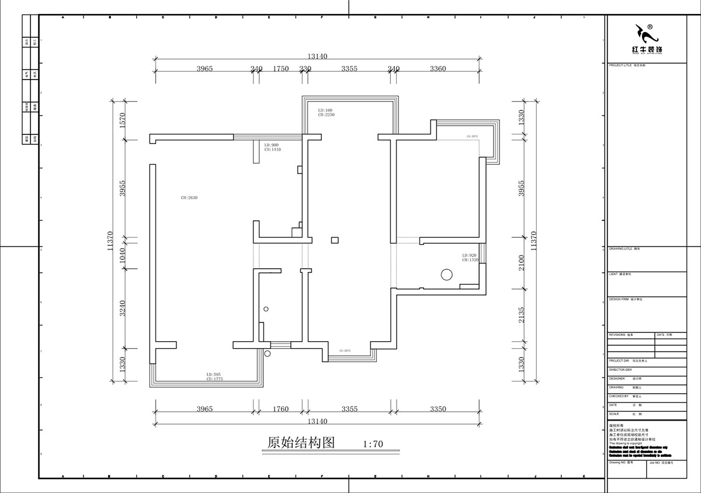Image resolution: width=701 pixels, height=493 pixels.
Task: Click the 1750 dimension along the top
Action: click(x=281, y=68)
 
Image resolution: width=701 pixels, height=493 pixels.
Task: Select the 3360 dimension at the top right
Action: click(x=438, y=68)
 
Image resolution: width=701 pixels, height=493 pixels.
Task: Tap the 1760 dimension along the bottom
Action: click(x=281, y=409)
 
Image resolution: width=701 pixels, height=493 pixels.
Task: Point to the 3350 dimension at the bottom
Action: click(x=438, y=409)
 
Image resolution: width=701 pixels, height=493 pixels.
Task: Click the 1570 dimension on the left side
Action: click(x=123, y=120)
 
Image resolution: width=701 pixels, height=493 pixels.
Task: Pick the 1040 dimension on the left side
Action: click(x=123, y=253)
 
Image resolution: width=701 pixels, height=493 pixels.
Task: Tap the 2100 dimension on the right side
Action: click(x=522, y=262)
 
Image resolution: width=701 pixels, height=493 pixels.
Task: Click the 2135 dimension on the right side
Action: click(x=522, y=315)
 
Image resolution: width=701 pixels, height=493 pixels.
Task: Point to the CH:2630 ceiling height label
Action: click(x=190, y=198)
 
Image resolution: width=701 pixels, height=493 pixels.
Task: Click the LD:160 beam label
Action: click(x=325, y=110)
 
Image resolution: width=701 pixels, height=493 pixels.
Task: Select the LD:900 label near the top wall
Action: click(x=272, y=145)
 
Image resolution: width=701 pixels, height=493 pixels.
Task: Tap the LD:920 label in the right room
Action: click(x=470, y=255)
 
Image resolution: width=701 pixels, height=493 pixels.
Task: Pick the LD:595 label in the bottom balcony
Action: click(x=213, y=374)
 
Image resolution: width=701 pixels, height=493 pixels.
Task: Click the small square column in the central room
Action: click(x=335, y=239)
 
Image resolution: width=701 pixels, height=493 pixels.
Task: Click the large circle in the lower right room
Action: click(x=447, y=274)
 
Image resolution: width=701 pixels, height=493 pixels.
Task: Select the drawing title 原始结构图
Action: click(x=300, y=442)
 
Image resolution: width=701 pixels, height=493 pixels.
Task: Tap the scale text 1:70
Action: click(x=373, y=444)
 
